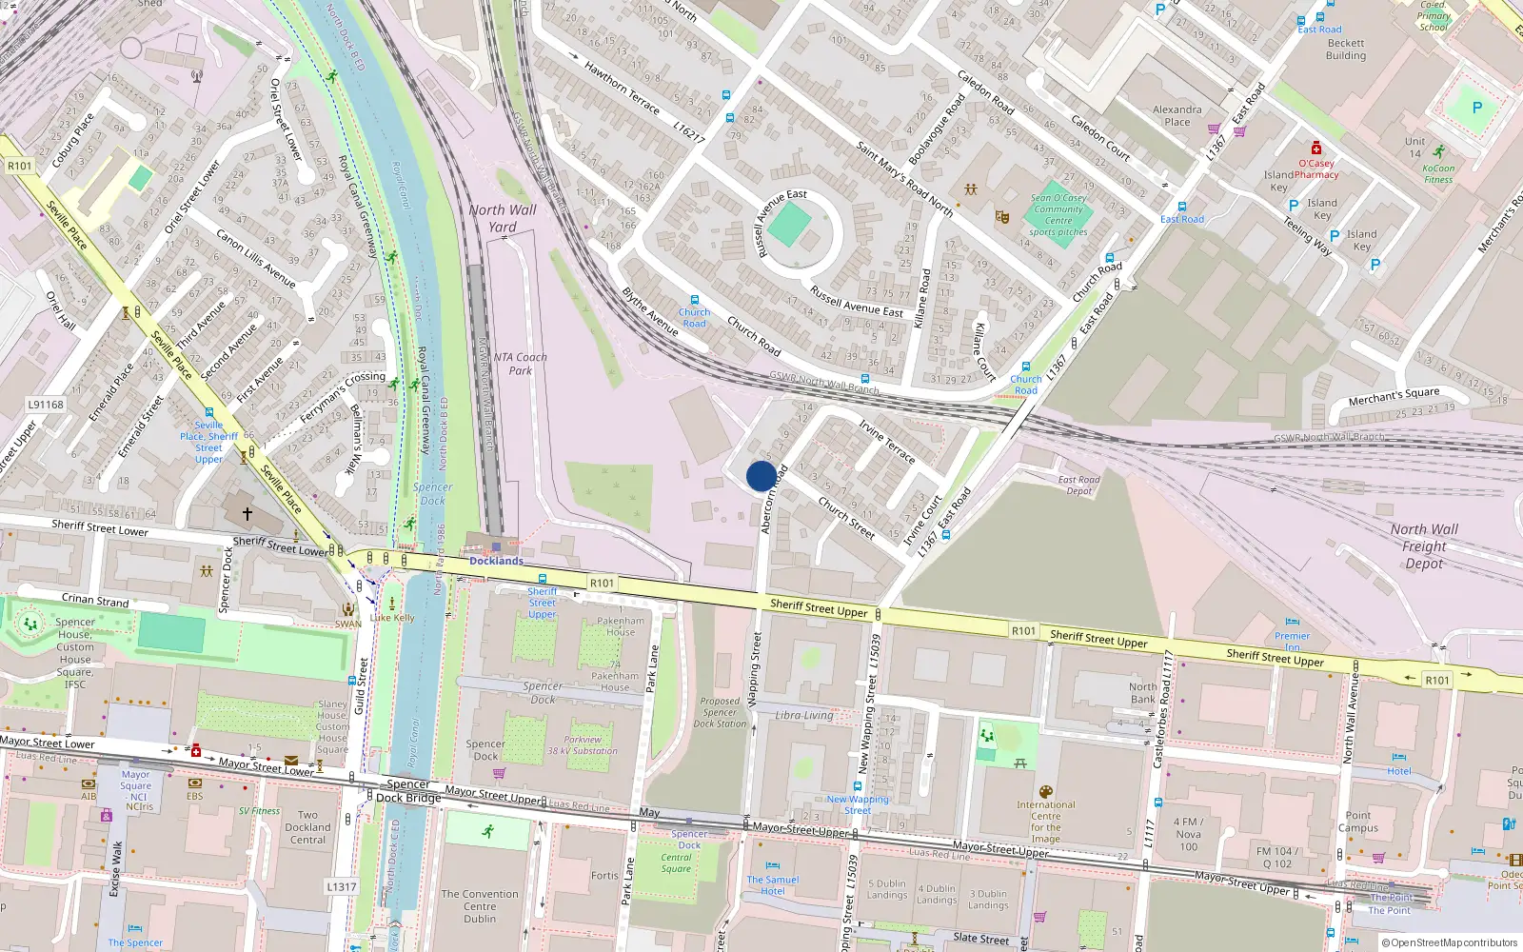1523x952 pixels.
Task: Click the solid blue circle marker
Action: (761, 476)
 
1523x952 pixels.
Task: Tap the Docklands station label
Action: (496, 561)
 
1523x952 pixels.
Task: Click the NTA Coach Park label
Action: (520, 364)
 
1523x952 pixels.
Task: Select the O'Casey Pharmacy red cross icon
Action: (1316, 149)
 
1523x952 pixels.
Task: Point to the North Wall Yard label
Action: (502, 218)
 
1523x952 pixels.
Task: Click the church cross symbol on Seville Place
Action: (247, 514)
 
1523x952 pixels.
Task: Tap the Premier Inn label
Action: (1292, 641)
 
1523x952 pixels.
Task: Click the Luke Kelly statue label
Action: (392, 617)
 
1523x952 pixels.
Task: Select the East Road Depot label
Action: (1078, 486)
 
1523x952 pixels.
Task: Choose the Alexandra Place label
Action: (1177, 115)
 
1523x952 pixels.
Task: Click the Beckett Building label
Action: (1345, 50)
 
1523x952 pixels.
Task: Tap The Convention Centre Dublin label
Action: (480, 906)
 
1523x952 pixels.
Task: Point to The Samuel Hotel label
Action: (772, 885)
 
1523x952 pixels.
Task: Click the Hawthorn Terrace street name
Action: (621, 88)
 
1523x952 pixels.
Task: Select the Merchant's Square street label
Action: (1394, 396)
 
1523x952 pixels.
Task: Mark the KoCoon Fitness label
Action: (1438, 173)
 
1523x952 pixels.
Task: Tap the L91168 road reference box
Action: (45, 405)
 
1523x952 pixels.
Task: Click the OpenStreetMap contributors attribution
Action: (1449, 942)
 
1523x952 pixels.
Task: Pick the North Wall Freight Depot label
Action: (1423, 546)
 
